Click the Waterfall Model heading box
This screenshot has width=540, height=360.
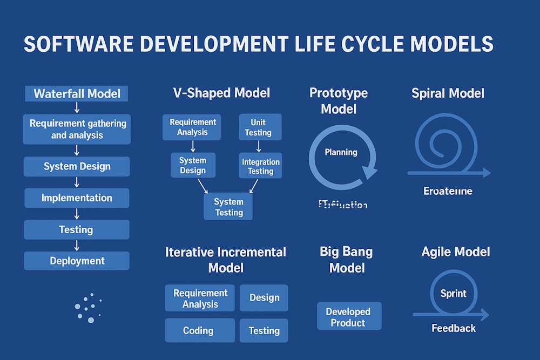tap(77, 93)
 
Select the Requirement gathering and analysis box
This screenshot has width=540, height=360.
tap(77, 129)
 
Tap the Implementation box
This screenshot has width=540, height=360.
tap(77, 198)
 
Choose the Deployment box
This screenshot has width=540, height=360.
tap(77, 261)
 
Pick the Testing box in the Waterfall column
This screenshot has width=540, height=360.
tap(77, 229)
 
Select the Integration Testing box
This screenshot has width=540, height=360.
tap(261, 166)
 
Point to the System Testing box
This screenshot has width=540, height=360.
tap(229, 207)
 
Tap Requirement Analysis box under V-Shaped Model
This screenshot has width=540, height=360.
tap(193, 127)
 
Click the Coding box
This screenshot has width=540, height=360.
tap(199, 330)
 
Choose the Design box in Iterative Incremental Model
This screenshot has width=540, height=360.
tap(264, 298)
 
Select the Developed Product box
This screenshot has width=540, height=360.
tap(348, 317)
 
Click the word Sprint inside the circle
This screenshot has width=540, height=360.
tap(454, 294)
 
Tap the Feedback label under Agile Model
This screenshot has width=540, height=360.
tap(454, 328)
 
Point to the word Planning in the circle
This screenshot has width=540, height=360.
tap(341, 152)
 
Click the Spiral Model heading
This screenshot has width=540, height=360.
tap(448, 93)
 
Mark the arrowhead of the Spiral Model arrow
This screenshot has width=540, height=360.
tap(487, 173)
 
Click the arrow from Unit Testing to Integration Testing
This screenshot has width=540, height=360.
tap(259, 146)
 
